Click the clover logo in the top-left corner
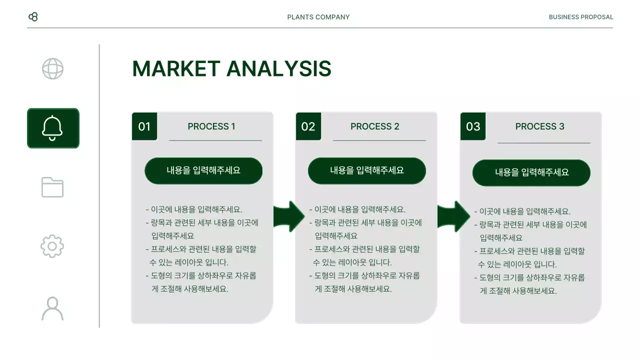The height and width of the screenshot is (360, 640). click(33, 17)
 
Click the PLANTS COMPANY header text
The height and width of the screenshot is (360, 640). click(318, 17)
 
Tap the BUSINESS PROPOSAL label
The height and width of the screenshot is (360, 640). click(580, 17)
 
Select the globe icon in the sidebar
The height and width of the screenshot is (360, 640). click(52, 69)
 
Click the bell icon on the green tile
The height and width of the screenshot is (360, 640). click(52, 128)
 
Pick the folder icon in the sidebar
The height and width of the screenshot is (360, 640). click(52, 187)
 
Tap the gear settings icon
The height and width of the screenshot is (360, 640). click(52, 246)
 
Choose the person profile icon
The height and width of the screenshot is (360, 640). click(52, 308)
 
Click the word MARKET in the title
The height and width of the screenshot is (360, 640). click(176, 69)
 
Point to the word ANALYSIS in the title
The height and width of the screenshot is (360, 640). click(278, 69)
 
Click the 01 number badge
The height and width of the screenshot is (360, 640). click(144, 126)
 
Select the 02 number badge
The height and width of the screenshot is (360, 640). click(308, 126)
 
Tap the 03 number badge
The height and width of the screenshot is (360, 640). click(473, 126)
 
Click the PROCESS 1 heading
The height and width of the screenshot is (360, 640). click(211, 126)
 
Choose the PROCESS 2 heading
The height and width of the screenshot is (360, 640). click(375, 126)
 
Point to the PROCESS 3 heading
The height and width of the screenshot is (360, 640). click(540, 126)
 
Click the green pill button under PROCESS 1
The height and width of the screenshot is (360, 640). click(203, 170)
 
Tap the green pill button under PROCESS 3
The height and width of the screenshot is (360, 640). click(531, 172)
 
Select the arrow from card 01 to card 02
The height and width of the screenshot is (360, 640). click(289, 216)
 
